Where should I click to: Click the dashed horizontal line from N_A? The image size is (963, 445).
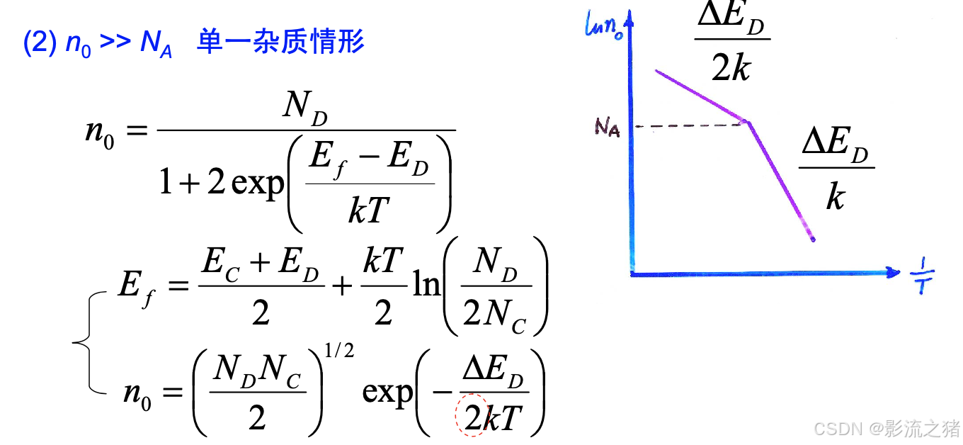687,125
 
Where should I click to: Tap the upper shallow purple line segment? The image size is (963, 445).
701,96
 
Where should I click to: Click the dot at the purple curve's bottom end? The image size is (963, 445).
813,240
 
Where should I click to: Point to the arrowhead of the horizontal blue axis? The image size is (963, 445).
894,272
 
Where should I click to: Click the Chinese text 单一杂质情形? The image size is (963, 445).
280,42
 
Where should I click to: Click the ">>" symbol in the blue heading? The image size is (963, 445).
115,43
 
